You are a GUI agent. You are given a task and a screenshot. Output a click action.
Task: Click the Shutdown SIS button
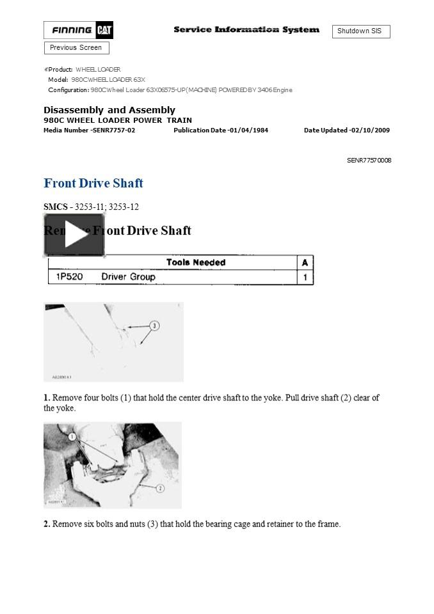360,31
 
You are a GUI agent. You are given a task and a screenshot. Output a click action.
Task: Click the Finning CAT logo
78,30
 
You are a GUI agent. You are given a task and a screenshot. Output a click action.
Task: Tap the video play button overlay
74,236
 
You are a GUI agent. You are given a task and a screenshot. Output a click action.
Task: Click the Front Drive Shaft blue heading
93,184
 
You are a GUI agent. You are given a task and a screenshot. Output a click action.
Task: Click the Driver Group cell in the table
128,277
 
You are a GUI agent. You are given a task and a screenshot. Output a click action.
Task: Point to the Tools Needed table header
196,262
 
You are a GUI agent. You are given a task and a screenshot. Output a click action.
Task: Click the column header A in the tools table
305,262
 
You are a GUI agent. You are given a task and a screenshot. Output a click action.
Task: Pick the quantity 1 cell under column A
305,278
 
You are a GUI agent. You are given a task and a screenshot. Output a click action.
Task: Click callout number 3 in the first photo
154,326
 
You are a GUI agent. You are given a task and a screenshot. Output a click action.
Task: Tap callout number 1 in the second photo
72,437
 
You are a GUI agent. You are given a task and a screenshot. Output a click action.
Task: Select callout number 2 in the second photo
160,488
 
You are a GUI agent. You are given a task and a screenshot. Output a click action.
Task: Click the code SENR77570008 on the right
369,161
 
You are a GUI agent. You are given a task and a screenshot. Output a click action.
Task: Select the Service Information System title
246,30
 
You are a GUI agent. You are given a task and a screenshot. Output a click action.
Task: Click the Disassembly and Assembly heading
109,110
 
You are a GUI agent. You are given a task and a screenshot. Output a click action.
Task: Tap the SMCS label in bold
55,207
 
